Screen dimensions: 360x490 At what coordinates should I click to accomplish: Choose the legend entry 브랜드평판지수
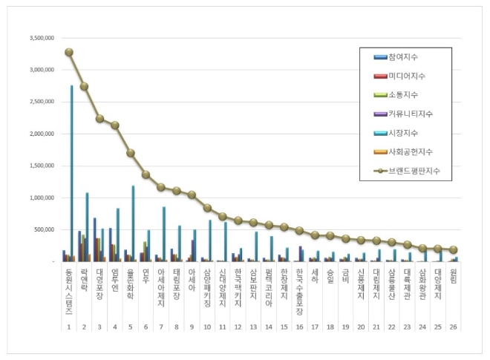pyautogui.click(x=411, y=171)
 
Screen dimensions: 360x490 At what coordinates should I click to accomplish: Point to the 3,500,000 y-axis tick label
pyautogui.click(x=41, y=38)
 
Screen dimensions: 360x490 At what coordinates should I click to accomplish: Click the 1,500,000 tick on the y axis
pyautogui.click(x=41, y=166)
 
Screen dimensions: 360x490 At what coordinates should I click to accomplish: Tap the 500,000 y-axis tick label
pyautogui.click(x=43, y=229)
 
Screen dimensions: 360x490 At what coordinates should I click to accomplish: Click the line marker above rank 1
pyautogui.click(x=69, y=52)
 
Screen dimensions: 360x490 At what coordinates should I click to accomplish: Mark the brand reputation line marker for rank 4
pyautogui.click(x=115, y=125)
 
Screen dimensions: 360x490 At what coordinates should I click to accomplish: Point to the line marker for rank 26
pyautogui.click(x=454, y=250)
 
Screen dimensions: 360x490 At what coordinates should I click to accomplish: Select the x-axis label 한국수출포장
pyautogui.click(x=301, y=290)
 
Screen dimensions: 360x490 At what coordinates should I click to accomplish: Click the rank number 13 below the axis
pyautogui.click(x=254, y=327)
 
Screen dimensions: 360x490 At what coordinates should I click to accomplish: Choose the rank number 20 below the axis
pyautogui.click(x=362, y=327)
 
